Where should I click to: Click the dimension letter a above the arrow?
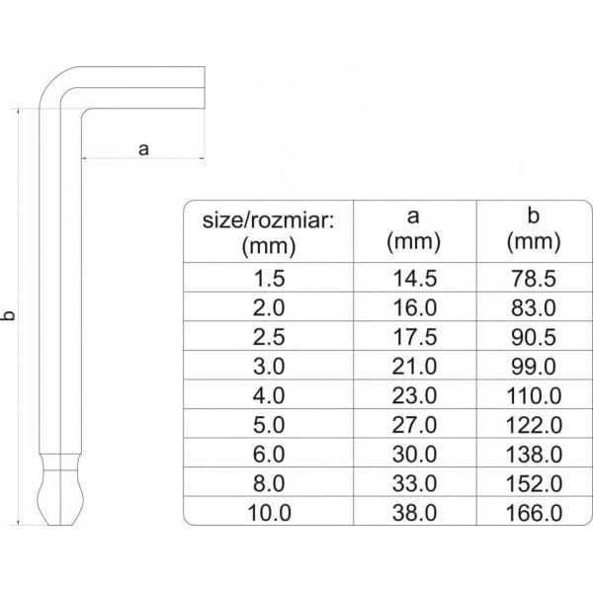143,149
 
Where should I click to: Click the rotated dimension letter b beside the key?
10,315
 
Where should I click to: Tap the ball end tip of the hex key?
60,498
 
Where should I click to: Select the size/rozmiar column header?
269,232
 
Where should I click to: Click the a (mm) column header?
413,229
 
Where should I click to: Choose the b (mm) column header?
534,229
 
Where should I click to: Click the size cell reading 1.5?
269,279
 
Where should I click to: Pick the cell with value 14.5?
415,279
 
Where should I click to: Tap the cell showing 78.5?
534,279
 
